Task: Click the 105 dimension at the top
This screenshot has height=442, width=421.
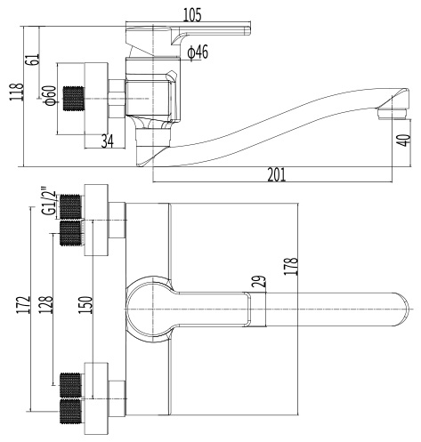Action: tap(192, 15)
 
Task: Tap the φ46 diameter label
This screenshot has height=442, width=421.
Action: tap(198, 52)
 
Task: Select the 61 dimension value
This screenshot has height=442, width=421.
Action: tap(33, 60)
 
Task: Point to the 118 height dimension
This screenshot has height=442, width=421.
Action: tap(17, 92)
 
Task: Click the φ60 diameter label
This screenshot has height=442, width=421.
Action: tap(50, 95)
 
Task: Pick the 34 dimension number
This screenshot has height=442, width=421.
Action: tap(108, 141)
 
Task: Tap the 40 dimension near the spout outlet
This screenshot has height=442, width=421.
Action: tap(404, 141)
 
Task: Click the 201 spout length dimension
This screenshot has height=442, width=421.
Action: tap(277, 174)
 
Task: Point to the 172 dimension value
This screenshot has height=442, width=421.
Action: tap(24, 304)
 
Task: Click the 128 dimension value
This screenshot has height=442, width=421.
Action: tap(46, 304)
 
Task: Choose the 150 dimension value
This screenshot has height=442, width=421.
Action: tap(85, 305)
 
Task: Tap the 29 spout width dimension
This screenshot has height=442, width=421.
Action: tap(259, 281)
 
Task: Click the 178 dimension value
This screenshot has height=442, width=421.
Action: tap(291, 266)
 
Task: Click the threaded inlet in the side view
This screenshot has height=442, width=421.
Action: tap(73, 99)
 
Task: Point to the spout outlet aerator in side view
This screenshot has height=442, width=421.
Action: tap(392, 114)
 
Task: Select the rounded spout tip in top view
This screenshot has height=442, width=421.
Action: tap(401, 309)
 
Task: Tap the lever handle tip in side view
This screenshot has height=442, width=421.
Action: tap(247, 30)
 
